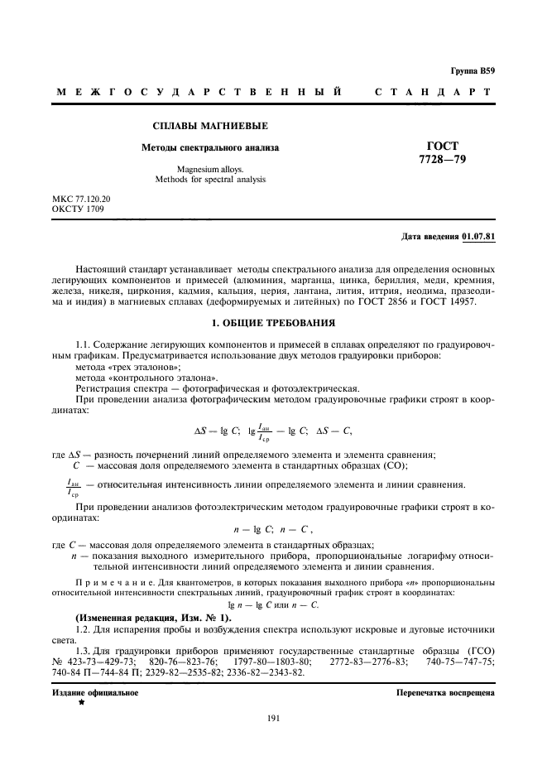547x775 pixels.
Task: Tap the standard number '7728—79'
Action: (443, 159)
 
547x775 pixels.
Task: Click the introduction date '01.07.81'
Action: (478, 238)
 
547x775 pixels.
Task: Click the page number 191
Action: (273, 718)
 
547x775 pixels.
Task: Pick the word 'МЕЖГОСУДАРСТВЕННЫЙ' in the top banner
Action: (199, 92)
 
